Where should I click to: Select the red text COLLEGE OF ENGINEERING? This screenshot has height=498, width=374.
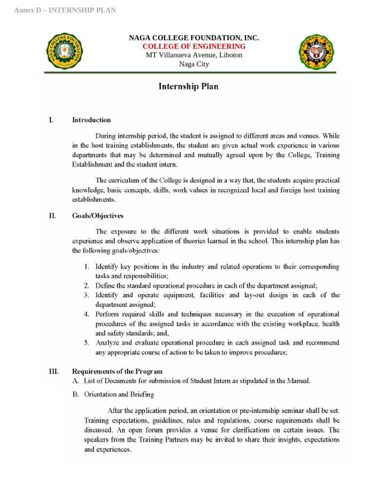194,46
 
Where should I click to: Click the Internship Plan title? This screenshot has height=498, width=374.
188,87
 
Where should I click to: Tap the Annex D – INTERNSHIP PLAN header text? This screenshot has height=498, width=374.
65,10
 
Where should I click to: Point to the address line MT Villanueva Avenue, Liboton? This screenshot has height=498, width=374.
194,55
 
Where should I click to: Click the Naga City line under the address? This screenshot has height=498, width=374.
194,64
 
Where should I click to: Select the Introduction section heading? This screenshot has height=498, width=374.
91,120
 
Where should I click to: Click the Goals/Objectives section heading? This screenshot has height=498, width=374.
97,216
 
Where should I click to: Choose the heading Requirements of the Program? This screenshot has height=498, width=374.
117,372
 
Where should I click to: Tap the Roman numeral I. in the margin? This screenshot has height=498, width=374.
51,120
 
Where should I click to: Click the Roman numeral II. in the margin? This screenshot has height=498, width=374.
52,216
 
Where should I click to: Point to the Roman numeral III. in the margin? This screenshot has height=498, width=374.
54,372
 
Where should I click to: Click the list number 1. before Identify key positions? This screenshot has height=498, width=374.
86,267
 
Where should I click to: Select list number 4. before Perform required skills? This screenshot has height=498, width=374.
86,314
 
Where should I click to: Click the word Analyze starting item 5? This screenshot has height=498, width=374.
107,343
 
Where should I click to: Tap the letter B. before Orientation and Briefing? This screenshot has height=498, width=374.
75,394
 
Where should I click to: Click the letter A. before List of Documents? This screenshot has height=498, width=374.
75,381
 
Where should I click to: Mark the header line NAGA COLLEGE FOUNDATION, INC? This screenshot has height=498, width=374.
194,38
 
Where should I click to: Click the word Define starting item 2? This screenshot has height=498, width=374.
105,286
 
